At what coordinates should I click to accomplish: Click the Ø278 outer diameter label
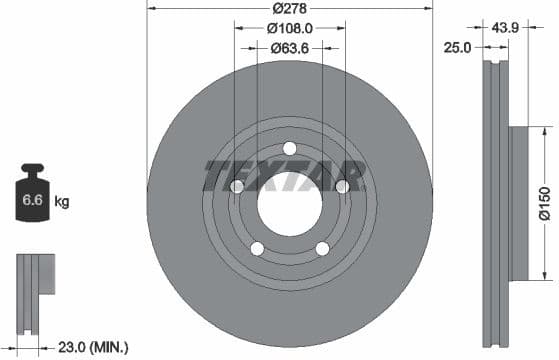pos(290,9)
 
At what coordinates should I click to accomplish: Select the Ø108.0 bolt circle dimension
pos(290,29)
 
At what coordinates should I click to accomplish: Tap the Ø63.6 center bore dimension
pos(290,47)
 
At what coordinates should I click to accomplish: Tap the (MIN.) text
pos(109,346)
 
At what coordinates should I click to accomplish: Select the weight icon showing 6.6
pos(33,199)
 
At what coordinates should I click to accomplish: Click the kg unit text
pos(62,203)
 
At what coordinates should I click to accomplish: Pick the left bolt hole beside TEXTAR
pos(237,187)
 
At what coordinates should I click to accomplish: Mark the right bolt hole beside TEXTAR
pos(342,186)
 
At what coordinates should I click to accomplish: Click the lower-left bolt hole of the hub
pos(257,249)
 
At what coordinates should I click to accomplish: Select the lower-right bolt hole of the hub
pos(322,249)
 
